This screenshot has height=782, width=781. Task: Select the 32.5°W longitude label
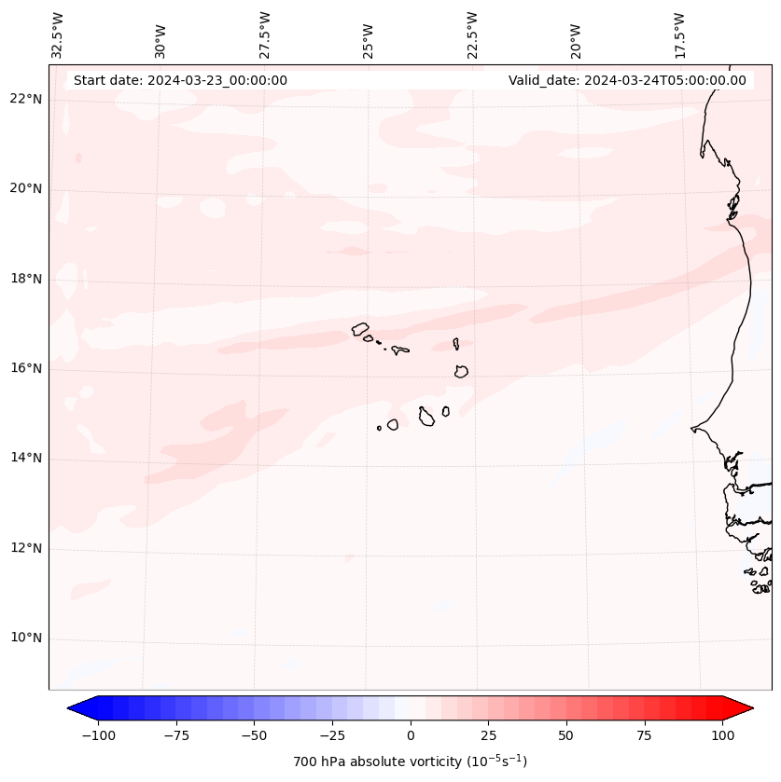[58, 35]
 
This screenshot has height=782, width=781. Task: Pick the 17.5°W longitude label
[679, 35]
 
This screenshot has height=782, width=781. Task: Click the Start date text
[180, 80]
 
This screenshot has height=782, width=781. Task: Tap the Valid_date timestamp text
[627, 80]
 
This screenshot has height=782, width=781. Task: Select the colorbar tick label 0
[411, 735]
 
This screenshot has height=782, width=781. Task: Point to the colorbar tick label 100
[723, 735]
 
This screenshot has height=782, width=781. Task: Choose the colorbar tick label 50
[566, 735]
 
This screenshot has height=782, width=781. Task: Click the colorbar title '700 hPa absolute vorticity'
[411, 761]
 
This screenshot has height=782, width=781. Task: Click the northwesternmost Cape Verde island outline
[360, 328]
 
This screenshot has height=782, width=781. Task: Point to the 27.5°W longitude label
[265, 35]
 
